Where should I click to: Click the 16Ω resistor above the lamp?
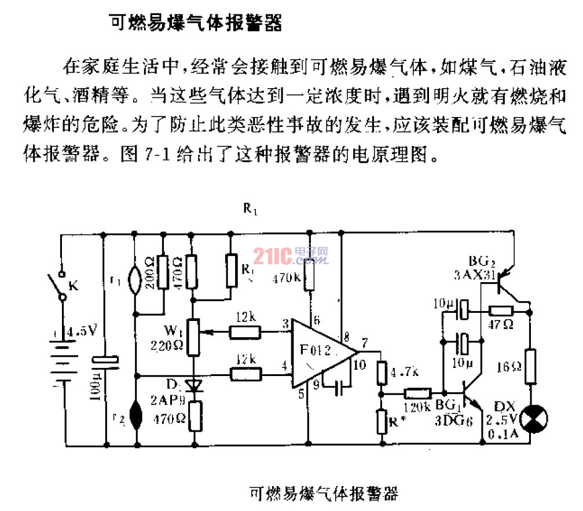530,366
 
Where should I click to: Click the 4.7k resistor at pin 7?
382,373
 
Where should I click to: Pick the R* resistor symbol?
382,421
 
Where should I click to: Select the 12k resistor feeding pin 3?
245,332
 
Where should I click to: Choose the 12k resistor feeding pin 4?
245,374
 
